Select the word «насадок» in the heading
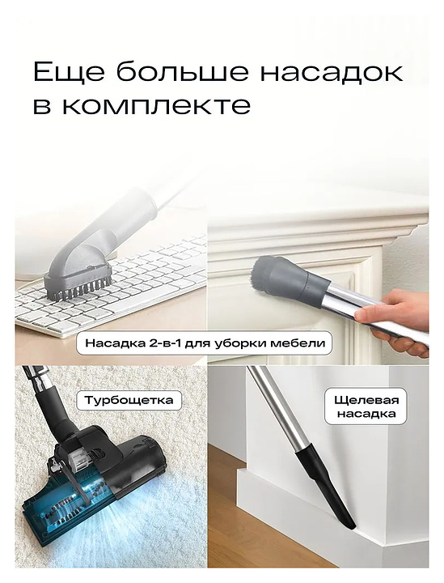click(x=331, y=73)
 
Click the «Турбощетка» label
click(x=129, y=400)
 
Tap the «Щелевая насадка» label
click(x=366, y=406)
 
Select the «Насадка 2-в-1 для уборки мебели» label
click(x=205, y=343)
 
